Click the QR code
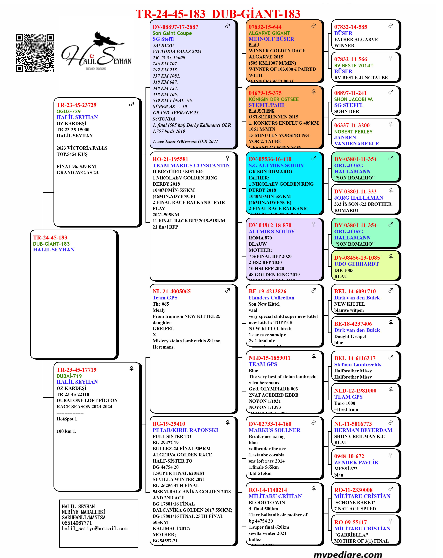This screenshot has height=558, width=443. [x=35, y=53]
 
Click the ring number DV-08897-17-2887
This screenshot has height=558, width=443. [x=175, y=27]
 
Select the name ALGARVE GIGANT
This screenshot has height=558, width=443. [x=269, y=33]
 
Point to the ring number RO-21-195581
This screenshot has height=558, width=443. [x=170, y=159]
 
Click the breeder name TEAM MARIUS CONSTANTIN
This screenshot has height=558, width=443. [x=191, y=165]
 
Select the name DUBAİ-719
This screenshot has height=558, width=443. [x=69, y=376]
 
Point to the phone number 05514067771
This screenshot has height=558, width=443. [x=77, y=523]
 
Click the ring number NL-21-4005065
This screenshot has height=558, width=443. [x=172, y=291]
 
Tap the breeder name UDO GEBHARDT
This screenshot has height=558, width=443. [x=356, y=264]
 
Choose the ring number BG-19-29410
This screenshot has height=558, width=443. [x=169, y=424]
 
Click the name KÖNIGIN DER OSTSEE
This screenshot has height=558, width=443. [x=273, y=99]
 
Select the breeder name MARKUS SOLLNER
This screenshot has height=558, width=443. [x=274, y=430]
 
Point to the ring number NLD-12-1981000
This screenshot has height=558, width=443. [x=355, y=390]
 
